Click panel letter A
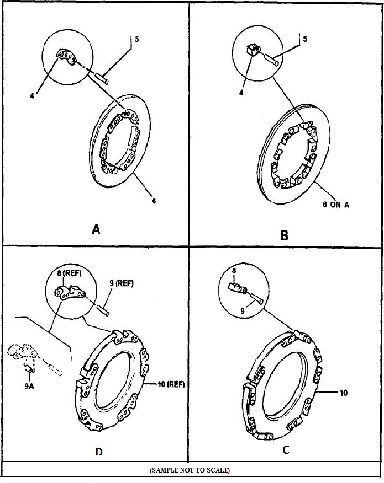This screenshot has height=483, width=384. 96,229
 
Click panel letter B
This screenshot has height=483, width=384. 284,235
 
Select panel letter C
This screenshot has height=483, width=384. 286,449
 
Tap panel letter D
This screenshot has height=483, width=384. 98,452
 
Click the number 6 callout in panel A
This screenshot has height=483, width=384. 154,201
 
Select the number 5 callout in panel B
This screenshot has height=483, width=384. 305,39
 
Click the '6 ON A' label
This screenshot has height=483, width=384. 336,205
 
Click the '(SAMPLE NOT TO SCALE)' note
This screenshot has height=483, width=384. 190,470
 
